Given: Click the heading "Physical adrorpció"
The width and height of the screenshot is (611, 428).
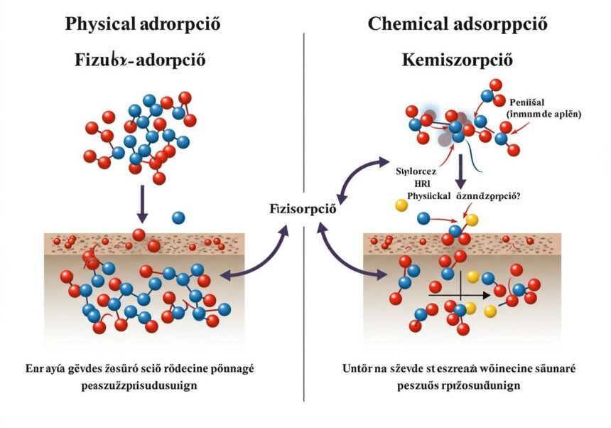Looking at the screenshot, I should coord(143,23).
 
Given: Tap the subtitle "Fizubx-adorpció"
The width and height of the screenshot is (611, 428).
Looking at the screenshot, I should coord(140,59).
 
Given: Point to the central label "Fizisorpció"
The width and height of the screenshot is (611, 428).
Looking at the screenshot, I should coord(303,210).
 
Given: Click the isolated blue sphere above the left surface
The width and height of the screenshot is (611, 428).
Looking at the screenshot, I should coord(178,218).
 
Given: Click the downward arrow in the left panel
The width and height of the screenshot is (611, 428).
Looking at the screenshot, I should coord(143,202).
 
